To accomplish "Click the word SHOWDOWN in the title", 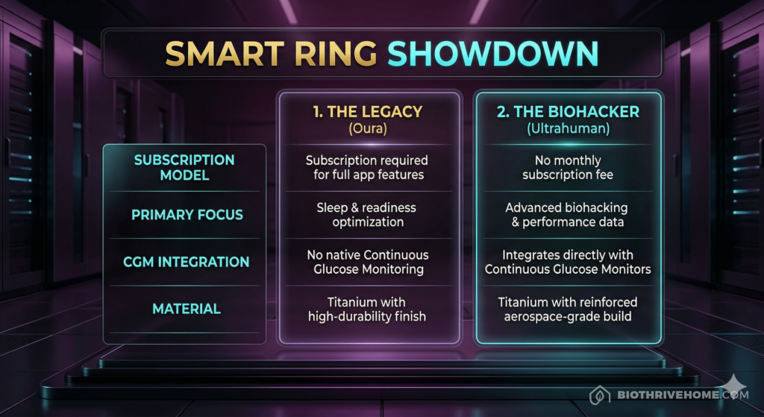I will (494, 54).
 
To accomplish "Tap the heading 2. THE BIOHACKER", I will (568, 112).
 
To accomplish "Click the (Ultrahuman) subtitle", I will (568, 129).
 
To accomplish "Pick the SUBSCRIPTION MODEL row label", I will (184, 168).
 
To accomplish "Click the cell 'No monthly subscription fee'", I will (568, 168).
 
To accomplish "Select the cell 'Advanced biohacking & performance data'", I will (568, 215).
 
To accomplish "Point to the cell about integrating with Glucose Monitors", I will (568, 262).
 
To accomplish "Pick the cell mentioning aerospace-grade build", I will (568, 309).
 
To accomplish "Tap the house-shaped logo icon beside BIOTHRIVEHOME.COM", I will (598, 395).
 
